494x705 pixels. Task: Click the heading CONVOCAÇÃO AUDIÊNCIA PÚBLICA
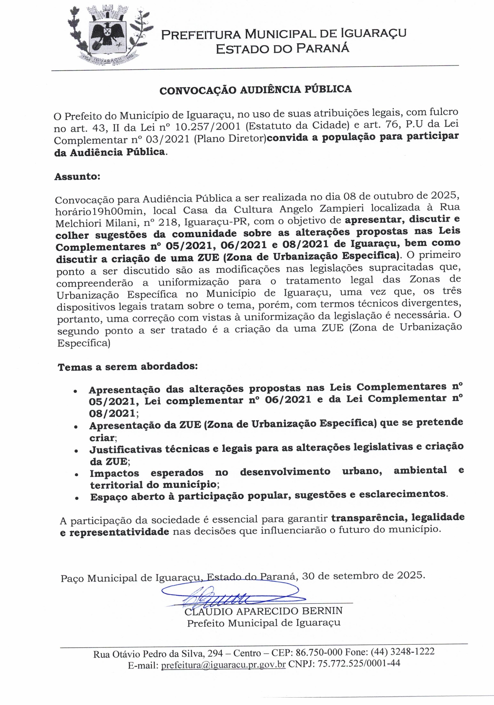[255, 89]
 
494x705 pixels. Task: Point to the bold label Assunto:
[77, 177]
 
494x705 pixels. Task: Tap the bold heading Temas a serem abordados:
[127, 366]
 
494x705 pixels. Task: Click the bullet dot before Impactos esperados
[76, 475]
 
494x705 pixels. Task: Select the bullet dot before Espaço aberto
[76, 498]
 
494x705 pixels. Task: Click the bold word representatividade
[119, 532]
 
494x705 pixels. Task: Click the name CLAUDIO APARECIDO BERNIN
[263, 611]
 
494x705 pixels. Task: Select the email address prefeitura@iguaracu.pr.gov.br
[223, 664]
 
